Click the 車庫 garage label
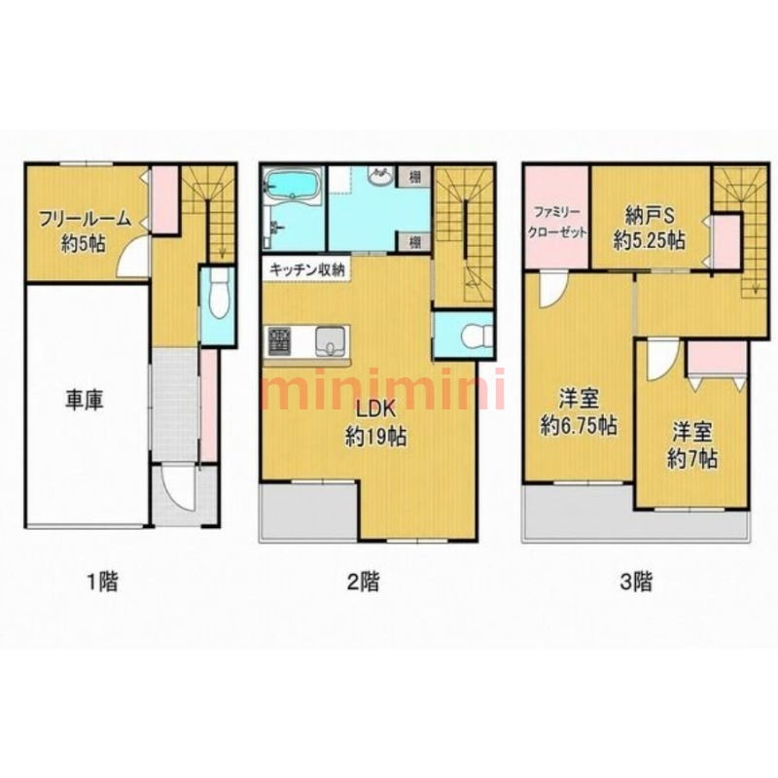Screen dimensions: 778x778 point(85,400)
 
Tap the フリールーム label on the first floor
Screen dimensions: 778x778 point(85,220)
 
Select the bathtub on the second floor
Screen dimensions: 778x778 point(292,186)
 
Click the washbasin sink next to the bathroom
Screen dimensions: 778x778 point(380,175)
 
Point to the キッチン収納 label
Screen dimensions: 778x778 point(306,270)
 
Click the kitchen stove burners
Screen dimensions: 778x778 point(279,340)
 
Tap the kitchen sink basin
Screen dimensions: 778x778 point(329,341)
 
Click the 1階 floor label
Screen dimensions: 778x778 point(102,582)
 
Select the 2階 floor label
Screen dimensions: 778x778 point(362,582)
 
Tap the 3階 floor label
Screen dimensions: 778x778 point(636,582)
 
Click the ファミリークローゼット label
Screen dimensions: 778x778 point(557,223)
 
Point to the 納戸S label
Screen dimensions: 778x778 point(649,217)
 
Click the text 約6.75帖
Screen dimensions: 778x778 point(579,426)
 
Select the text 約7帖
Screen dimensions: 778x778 point(692,460)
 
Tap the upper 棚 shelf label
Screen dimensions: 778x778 point(415,176)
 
